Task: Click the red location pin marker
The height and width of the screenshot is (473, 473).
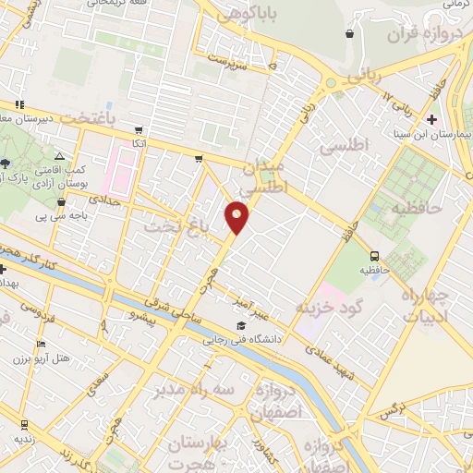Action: tap(237, 216)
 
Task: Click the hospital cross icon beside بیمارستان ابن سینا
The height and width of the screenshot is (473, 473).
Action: tap(432, 119)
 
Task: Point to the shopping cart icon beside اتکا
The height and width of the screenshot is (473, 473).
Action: tap(138, 130)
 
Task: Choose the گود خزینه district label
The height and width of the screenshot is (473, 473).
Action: tap(328, 306)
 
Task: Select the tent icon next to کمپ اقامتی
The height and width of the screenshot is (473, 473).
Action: tap(59, 157)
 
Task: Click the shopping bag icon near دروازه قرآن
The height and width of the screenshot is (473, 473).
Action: tap(350, 34)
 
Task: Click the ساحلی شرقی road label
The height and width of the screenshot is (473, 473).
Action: tap(182, 312)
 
